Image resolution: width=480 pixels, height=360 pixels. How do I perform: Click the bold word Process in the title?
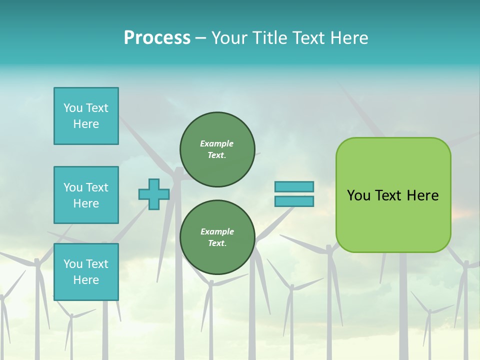point(157,38)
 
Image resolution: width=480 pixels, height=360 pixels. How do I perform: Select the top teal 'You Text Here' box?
point(86,116)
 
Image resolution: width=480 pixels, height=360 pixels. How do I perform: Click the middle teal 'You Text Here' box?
point(86,195)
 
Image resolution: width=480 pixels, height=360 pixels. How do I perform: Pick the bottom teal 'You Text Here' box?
point(86,272)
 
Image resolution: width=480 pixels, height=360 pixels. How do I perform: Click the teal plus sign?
point(154,194)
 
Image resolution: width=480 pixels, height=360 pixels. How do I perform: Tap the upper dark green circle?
point(217,149)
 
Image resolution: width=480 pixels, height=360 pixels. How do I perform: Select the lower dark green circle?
point(217,237)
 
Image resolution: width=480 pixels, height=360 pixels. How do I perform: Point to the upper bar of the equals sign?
point(294,187)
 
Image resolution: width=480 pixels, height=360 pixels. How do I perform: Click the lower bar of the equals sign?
point(294,201)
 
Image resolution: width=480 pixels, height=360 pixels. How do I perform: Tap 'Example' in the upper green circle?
point(217,143)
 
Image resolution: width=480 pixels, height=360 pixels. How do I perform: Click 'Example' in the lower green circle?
point(217,231)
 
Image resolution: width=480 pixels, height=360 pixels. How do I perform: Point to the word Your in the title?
point(230,38)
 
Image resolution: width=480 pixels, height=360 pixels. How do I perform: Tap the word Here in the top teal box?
point(86,124)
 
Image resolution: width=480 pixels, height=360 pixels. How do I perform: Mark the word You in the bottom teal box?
point(73,264)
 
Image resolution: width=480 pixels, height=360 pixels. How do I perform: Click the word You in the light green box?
point(358,195)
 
